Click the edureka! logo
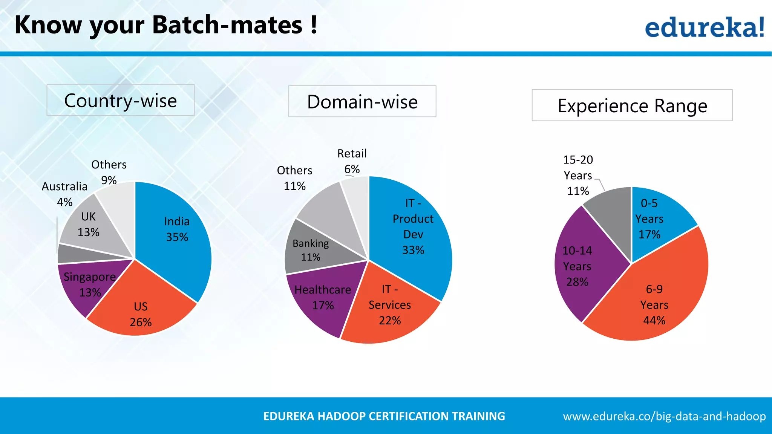[704, 27]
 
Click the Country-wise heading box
[120, 100]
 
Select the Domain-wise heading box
[362, 102]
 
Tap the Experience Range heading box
[632, 105]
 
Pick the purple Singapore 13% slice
[85, 286]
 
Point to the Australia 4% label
[64, 194]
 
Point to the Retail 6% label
[352, 161]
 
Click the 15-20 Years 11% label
[578, 175]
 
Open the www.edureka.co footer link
[664, 416]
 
